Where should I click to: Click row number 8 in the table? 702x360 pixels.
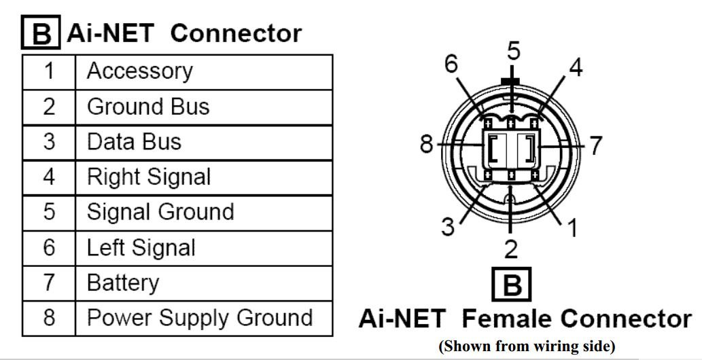[48, 318]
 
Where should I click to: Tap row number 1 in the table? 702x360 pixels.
[48, 71]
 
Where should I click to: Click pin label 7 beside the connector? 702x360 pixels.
[596, 145]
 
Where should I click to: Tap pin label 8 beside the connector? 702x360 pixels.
[427, 145]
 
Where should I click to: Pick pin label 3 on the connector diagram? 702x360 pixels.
[448, 226]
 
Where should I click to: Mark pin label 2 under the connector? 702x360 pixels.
[511, 249]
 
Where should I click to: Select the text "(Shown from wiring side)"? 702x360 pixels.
[527, 346]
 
